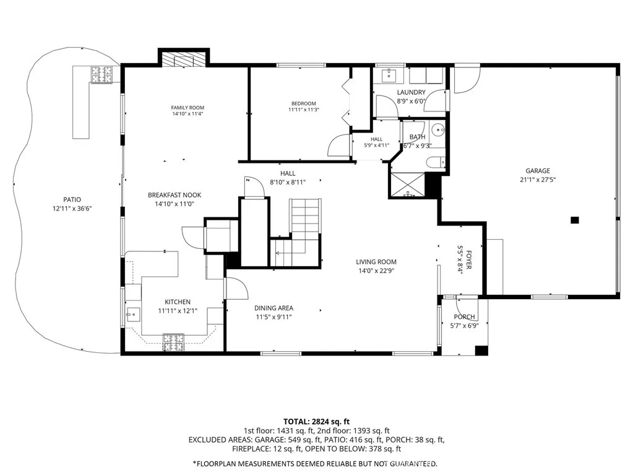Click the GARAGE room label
pos(538,171)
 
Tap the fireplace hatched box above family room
pos(184,59)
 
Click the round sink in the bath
pos(438,130)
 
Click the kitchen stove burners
pos(174,342)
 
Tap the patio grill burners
pos(101,75)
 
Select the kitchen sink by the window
pos(133,314)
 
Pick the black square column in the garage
pos(574,220)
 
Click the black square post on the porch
pos(481,351)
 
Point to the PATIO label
pos(72,199)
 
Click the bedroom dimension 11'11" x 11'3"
pos(304,110)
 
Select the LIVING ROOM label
pos(376,262)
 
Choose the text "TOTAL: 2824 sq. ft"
pos(317,422)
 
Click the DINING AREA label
pos(273,308)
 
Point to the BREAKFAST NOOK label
pos(174,195)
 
